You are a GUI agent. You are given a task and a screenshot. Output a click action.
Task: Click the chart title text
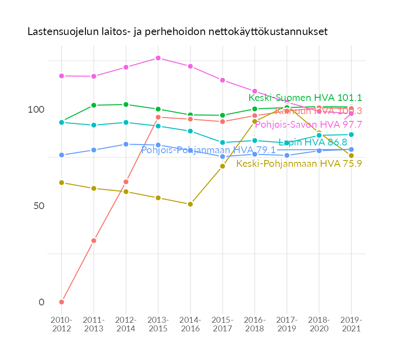click(x=177, y=32)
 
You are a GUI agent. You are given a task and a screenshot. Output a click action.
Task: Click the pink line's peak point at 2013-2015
click(x=158, y=58)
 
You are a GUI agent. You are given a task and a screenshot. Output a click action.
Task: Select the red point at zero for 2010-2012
click(x=61, y=302)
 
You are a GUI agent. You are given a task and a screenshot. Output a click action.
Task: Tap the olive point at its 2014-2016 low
click(x=190, y=204)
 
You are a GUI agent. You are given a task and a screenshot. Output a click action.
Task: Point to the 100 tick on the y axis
click(x=36, y=110)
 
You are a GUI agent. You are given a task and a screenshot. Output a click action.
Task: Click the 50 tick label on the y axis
click(x=38, y=206)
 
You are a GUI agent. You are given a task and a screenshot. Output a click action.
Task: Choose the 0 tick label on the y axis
click(x=41, y=302)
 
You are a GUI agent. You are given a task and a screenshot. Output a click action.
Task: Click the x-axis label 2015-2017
click(x=222, y=324)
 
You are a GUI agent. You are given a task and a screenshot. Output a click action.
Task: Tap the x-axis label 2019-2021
click(x=351, y=324)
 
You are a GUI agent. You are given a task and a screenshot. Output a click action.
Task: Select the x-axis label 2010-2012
click(x=61, y=324)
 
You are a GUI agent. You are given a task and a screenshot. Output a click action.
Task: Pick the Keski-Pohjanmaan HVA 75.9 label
click(x=299, y=164)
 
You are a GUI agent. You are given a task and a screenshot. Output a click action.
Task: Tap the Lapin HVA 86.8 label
click(x=312, y=142)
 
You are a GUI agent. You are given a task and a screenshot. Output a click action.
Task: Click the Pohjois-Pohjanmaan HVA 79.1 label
click(x=208, y=150)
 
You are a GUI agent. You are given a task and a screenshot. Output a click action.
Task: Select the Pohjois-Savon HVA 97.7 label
click(x=308, y=125)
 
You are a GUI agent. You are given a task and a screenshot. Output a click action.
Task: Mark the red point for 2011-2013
click(x=93, y=240)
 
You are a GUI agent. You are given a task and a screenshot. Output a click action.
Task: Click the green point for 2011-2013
click(x=93, y=105)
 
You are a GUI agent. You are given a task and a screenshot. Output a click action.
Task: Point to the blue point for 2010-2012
click(x=61, y=155)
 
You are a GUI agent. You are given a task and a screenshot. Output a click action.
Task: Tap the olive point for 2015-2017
click(x=222, y=166)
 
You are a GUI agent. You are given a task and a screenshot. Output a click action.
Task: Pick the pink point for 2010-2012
click(x=61, y=75)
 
